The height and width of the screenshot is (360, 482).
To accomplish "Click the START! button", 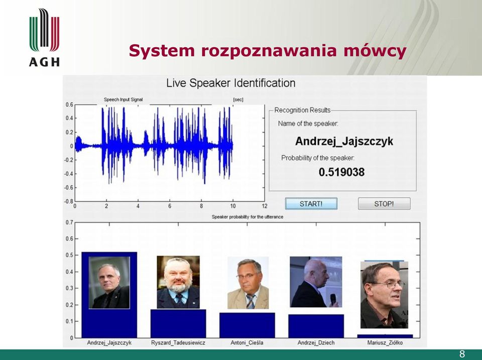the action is pyautogui.click(x=311, y=203).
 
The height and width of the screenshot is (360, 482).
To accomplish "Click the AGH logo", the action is pyautogui.click(x=44, y=37).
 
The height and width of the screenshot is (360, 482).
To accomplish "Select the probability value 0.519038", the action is pyautogui.click(x=341, y=172).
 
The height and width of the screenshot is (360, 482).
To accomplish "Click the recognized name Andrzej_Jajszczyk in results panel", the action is pyautogui.click(x=344, y=141).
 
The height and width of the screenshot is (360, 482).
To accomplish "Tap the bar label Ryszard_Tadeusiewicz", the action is pyautogui.click(x=178, y=342).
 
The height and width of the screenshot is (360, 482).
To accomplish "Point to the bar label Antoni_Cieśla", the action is pyautogui.click(x=247, y=342).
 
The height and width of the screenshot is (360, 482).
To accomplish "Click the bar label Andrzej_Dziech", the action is pyautogui.click(x=316, y=342).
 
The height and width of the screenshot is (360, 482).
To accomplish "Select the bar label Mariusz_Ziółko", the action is pyautogui.click(x=385, y=342).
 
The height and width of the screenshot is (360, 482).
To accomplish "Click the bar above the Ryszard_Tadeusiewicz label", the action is pyautogui.click(x=178, y=323).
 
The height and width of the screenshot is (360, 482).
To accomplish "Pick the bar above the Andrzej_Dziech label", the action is pyautogui.click(x=316, y=326).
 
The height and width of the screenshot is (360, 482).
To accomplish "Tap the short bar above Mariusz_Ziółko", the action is pyautogui.click(x=385, y=336).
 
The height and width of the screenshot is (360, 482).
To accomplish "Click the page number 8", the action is pyautogui.click(x=462, y=354).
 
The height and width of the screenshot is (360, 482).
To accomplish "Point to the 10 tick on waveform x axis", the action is pyautogui.click(x=232, y=206).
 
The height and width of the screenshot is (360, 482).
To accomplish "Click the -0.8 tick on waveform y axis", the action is pyautogui.click(x=69, y=201).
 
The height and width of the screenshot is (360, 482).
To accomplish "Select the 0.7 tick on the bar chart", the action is pyautogui.click(x=69, y=222).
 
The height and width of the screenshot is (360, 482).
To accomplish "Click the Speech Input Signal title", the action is pyautogui.click(x=124, y=99).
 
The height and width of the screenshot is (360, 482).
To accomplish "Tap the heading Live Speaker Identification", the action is pyautogui.click(x=231, y=83).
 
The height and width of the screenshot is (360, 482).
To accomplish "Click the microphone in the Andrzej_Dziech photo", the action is pyautogui.click(x=333, y=299).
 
